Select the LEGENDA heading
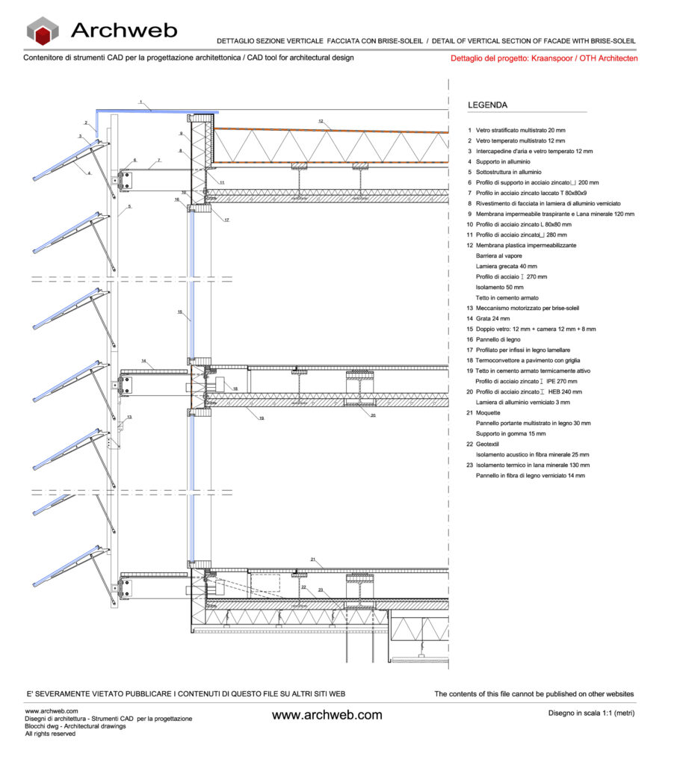pyautogui.click(x=487, y=105)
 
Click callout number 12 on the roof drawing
pyautogui.click(x=320, y=121)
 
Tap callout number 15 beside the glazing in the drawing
pyautogui.click(x=179, y=312)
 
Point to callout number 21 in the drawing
pyautogui.click(x=314, y=560)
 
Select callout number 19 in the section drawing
pyautogui.click(x=261, y=418)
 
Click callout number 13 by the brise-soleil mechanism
pyautogui.click(x=129, y=417)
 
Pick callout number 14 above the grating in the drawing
pyautogui.click(x=143, y=361)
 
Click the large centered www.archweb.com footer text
pyautogui.click(x=327, y=715)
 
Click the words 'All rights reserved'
pyautogui.click(x=50, y=734)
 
